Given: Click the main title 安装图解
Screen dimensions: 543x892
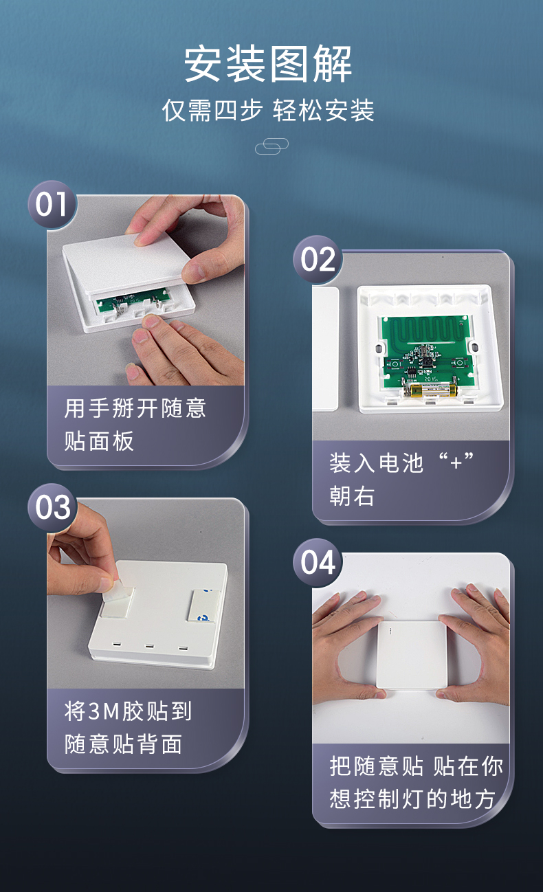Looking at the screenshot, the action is point(267,65).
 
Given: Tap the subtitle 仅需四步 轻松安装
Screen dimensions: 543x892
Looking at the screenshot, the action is point(267,111).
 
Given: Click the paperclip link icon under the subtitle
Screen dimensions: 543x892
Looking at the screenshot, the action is point(271,146).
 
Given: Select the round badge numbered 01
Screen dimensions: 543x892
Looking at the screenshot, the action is point(52,205).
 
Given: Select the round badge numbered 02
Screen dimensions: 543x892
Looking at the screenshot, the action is point(318,260).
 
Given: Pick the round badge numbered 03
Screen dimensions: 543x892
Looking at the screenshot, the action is point(52,508).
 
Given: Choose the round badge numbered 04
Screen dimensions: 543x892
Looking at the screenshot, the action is point(318,563).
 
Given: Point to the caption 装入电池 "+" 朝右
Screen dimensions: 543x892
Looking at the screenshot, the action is point(401,479).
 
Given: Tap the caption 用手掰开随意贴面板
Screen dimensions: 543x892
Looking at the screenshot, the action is point(135,425).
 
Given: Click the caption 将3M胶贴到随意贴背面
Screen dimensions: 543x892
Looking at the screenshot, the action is point(128,728).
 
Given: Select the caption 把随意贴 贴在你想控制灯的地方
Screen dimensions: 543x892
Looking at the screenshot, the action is point(416,783).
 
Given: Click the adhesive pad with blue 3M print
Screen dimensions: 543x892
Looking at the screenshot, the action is point(203,605).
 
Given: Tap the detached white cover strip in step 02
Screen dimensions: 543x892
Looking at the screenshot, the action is point(326,349).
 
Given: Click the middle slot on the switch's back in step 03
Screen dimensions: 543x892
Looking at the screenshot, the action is point(149,646).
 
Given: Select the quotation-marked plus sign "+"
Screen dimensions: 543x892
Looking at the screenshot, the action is point(456,462).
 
